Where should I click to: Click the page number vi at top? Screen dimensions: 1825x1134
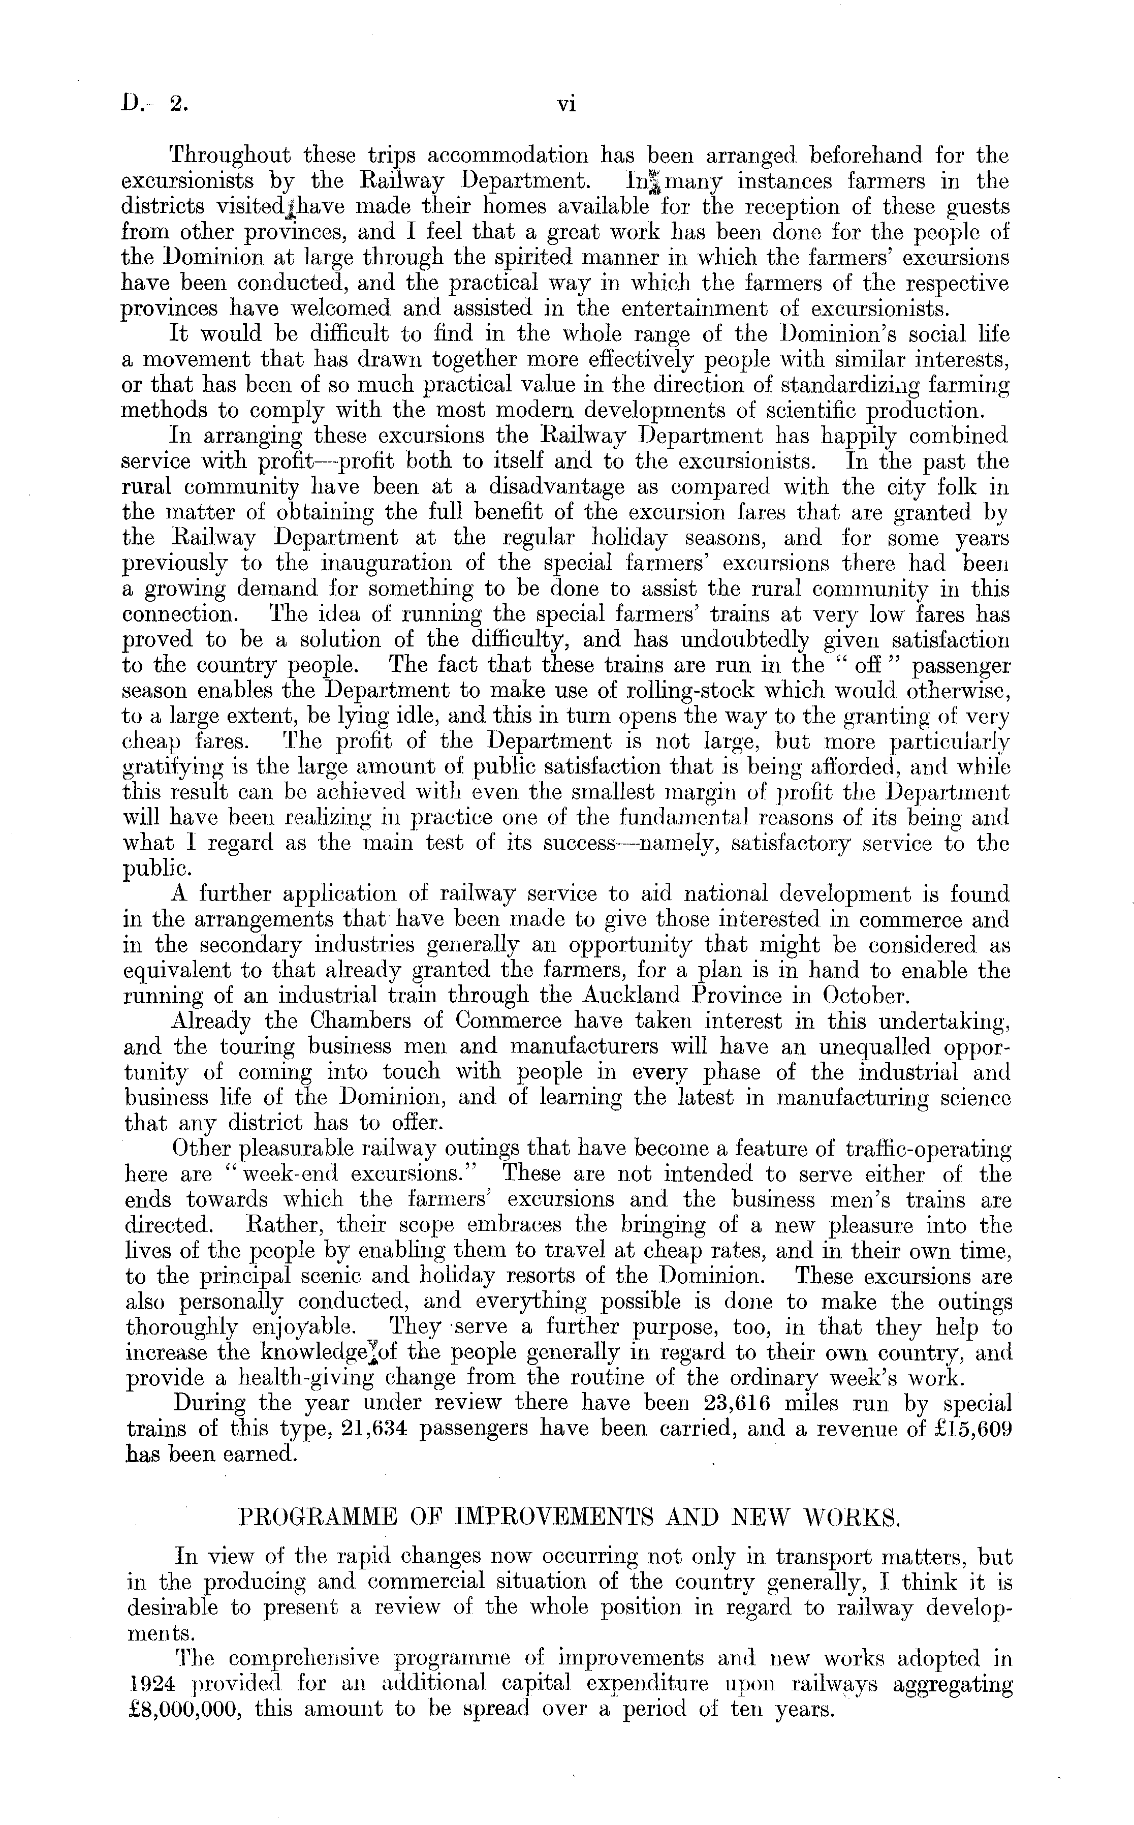click(566, 106)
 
